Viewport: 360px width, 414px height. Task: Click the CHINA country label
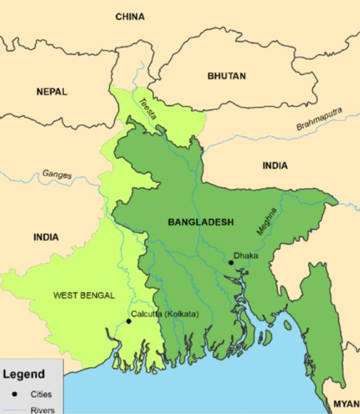point(130,17)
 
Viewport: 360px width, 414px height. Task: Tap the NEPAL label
point(51,91)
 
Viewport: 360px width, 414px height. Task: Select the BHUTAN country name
point(226,76)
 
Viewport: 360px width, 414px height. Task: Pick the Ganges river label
point(57,174)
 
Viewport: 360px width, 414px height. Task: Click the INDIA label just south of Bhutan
point(275,166)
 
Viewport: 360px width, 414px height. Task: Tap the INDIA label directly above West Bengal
point(46,237)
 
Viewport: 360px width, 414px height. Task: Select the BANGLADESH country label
point(200,222)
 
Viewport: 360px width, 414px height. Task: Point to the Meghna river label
point(265,221)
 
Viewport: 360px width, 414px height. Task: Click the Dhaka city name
point(245,255)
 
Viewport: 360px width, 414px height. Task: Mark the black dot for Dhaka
point(231,263)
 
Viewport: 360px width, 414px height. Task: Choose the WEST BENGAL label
point(84,295)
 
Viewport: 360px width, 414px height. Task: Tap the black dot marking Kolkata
point(128,321)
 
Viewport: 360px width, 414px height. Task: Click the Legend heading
point(24,375)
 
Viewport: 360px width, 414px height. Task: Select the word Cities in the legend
point(41,394)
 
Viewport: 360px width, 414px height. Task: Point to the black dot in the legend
point(13,394)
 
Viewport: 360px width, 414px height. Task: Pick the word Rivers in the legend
point(42,410)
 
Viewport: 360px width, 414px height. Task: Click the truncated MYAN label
point(346,403)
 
